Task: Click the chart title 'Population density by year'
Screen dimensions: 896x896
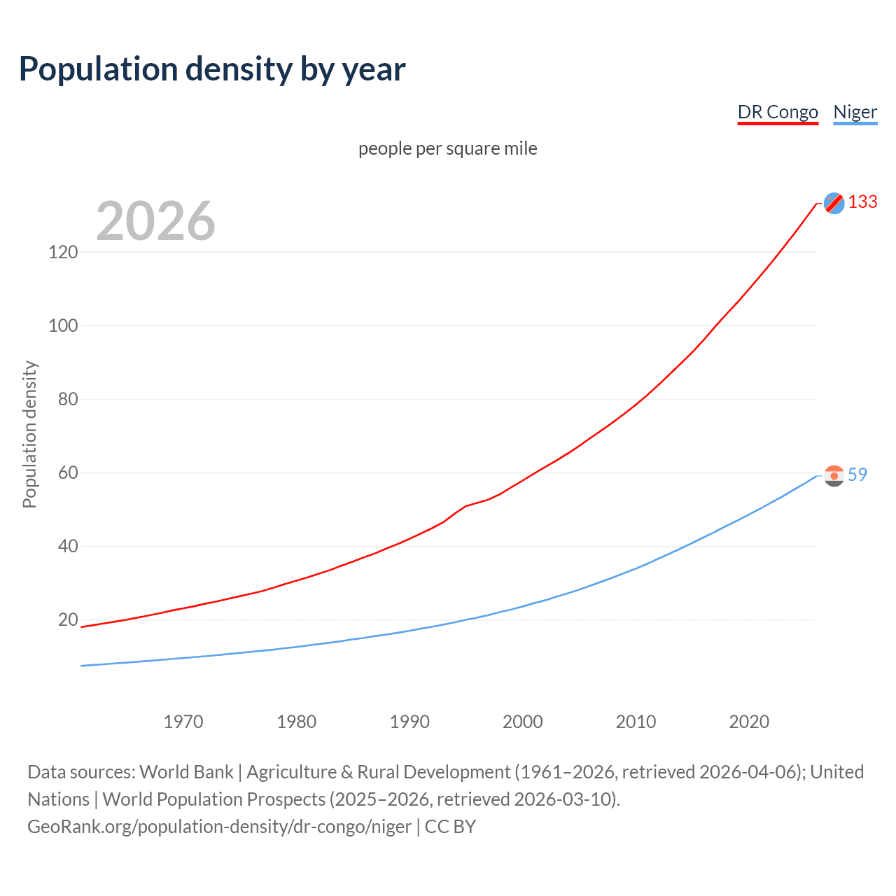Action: pyautogui.click(x=212, y=69)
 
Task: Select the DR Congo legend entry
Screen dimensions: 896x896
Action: pyautogui.click(x=778, y=112)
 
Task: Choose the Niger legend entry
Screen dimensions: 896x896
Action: pyautogui.click(x=855, y=112)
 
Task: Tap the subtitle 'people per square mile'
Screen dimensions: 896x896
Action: pyautogui.click(x=447, y=148)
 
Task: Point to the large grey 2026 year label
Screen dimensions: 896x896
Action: pyautogui.click(x=155, y=221)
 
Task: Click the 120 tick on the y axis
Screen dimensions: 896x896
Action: pyautogui.click(x=63, y=252)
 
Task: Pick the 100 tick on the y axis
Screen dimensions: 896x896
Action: pyautogui.click(x=63, y=325)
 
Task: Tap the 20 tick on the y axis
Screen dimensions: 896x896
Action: pyautogui.click(x=67, y=619)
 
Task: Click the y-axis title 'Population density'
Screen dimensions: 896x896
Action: pyautogui.click(x=29, y=434)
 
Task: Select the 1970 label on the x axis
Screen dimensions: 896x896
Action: pyautogui.click(x=183, y=722)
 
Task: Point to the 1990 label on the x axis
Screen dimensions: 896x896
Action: pyautogui.click(x=409, y=722)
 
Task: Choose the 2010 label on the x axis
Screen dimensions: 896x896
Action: pyautogui.click(x=636, y=722)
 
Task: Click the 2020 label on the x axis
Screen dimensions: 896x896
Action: pyautogui.click(x=749, y=722)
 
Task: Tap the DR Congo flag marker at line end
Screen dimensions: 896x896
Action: pyautogui.click(x=834, y=203)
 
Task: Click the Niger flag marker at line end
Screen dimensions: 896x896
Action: pyautogui.click(x=834, y=476)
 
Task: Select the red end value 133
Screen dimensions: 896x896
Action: pyautogui.click(x=862, y=202)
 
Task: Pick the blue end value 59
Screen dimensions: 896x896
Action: pyautogui.click(x=857, y=475)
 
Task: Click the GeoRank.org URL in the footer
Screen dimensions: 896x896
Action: pyautogui.click(x=219, y=827)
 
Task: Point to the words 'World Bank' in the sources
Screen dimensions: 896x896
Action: pyautogui.click(x=186, y=772)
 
